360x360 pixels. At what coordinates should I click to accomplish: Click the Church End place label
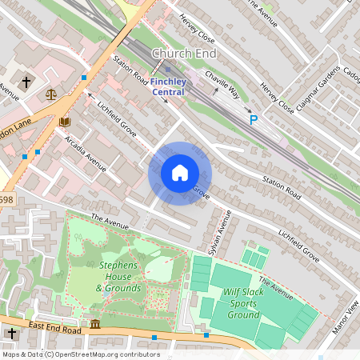click(183, 54)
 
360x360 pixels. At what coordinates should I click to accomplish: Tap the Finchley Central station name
click(167, 86)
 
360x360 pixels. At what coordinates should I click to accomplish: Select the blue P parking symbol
click(254, 121)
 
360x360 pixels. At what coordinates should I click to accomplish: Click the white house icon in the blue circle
click(180, 174)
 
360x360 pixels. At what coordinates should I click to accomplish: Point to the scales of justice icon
click(52, 94)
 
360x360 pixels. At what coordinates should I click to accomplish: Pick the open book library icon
click(63, 122)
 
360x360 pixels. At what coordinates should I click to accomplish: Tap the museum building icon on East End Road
click(95, 324)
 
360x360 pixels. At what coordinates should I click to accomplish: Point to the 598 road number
click(6, 200)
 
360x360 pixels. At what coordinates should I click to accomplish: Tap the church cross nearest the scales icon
click(26, 82)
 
